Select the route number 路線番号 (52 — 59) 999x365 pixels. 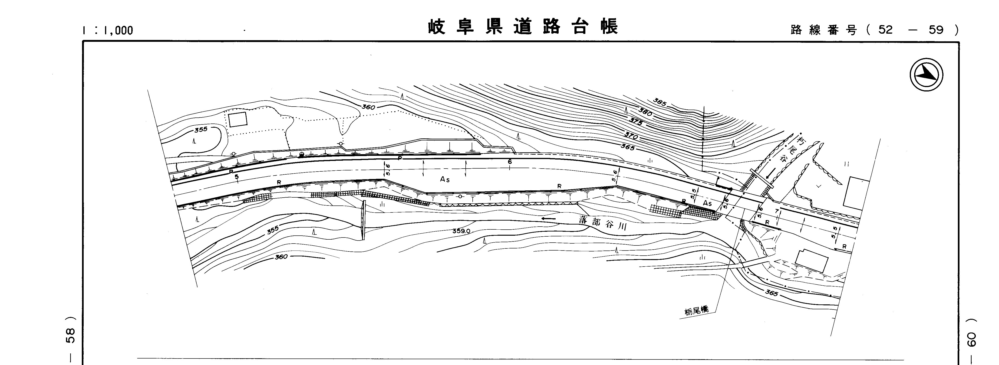click(874, 30)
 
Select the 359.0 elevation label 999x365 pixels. click(461, 231)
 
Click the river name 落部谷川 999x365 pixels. click(603, 223)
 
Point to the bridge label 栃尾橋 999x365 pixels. click(696, 311)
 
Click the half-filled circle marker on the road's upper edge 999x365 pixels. click(301, 155)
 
